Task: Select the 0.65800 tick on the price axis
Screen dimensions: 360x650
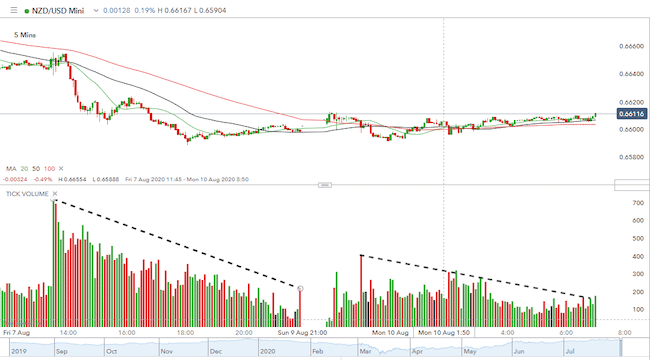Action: (x=631, y=157)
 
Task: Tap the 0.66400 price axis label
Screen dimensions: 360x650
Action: (x=631, y=74)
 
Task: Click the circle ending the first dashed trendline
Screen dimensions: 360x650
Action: (x=301, y=288)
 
